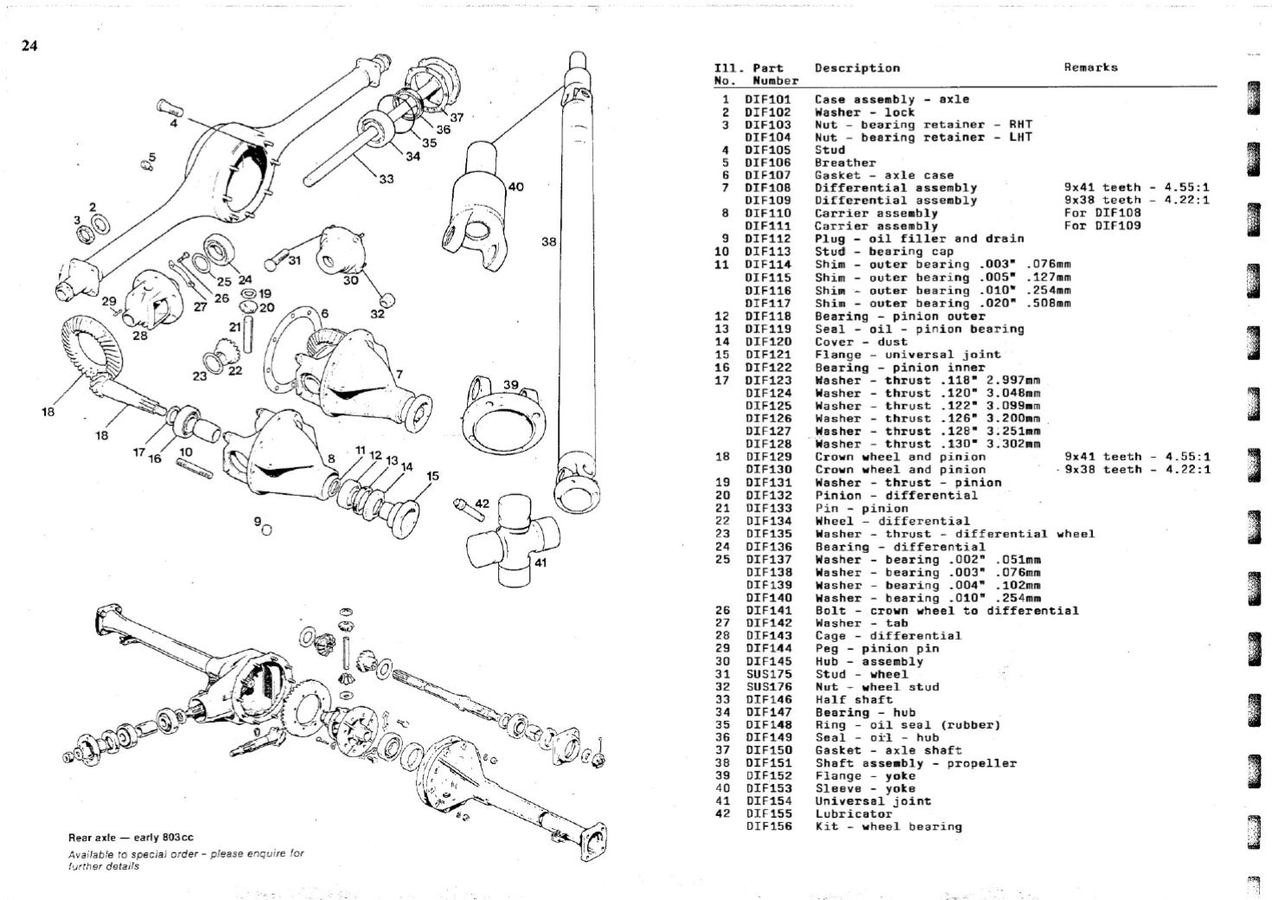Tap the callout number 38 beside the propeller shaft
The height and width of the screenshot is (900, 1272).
click(548, 242)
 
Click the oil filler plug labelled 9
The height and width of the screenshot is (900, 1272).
click(266, 530)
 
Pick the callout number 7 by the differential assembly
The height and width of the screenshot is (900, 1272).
click(399, 374)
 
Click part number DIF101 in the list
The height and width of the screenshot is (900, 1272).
click(768, 100)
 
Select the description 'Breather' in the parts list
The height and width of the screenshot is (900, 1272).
click(845, 163)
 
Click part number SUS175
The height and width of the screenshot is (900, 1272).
click(768, 674)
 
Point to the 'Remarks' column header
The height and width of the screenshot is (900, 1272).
click(1090, 67)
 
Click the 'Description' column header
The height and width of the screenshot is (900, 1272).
click(856, 67)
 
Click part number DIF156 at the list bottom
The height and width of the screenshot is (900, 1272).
click(768, 826)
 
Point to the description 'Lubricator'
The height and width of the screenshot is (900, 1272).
click(853, 814)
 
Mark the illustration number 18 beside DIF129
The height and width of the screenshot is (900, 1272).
click(723, 457)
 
